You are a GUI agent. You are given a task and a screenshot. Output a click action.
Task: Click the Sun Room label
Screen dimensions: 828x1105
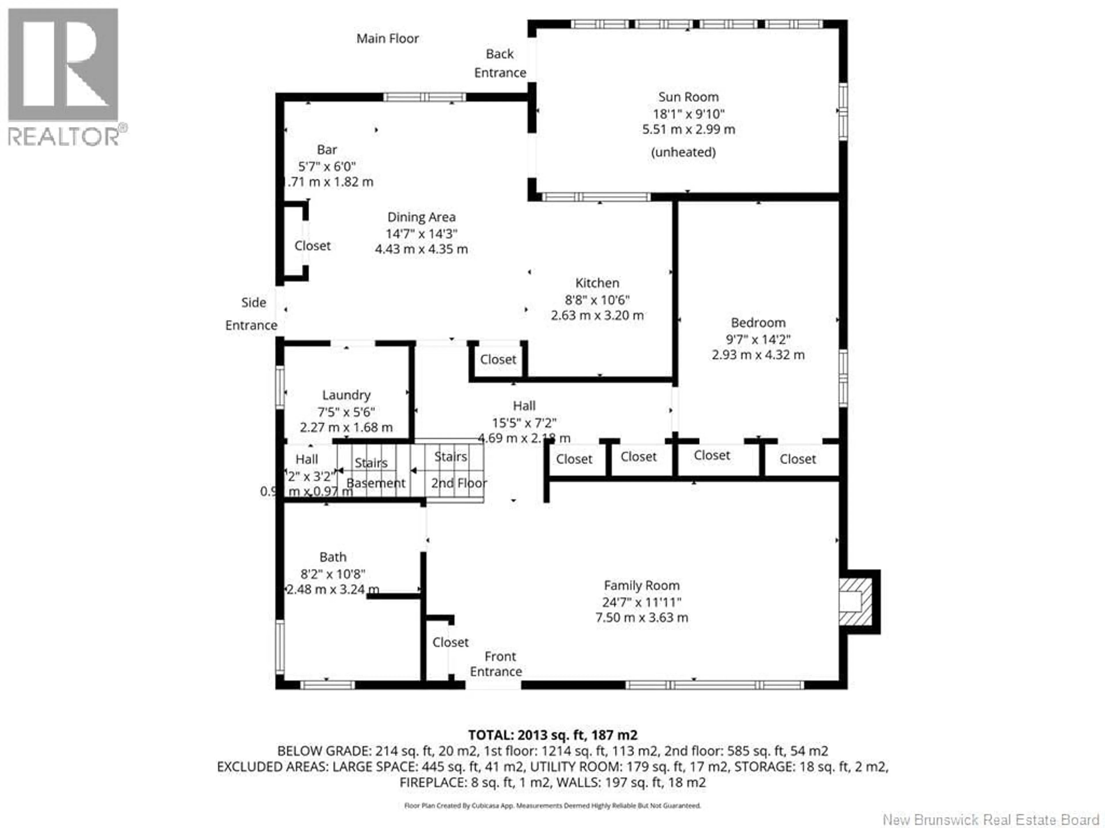(x=688, y=97)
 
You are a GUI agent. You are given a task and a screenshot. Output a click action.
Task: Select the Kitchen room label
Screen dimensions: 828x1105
(x=597, y=283)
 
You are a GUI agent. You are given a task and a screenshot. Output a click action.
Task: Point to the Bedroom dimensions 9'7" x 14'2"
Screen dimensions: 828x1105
(x=758, y=339)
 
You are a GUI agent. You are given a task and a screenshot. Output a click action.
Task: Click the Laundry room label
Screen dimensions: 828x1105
(x=346, y=395)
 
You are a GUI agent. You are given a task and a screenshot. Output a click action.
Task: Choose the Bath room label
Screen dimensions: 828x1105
(x=333, y=557)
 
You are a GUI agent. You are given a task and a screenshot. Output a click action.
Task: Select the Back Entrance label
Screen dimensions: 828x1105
(x=500, y=63)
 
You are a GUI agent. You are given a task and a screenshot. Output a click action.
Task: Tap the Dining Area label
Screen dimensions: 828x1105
(x=421, y=217)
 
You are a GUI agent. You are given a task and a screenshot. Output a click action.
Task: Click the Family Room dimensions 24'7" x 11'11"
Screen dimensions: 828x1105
(x=641, y=602)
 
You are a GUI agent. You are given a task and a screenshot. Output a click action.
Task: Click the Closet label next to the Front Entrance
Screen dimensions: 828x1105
(x=450, y=642)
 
